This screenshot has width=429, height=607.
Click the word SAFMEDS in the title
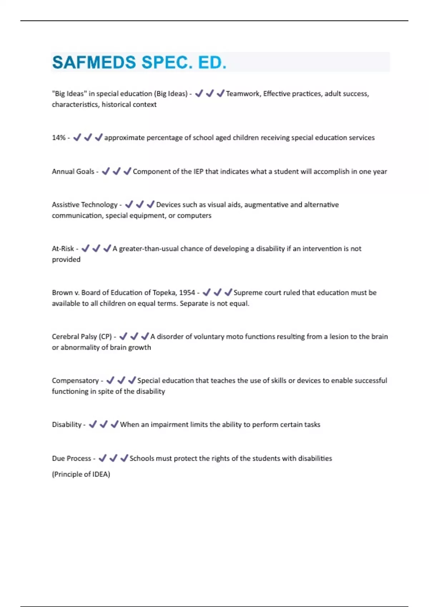coord(94,62)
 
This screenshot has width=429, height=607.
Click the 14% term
coord(59,138)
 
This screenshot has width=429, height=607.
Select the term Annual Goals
coord(73,172)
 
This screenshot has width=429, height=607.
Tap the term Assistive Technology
coord(84,205)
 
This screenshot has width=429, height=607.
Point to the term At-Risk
coord(63,249)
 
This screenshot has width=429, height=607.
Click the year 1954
coord(187,293)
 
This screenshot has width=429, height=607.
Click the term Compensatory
coord(75,381)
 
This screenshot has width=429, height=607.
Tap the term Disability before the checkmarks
coord(66,425)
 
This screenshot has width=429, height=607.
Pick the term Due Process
coord(71,458)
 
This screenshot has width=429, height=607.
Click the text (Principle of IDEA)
coord(81,475)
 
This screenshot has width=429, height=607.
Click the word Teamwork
coord(243,94)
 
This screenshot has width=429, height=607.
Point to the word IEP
coord(198,172)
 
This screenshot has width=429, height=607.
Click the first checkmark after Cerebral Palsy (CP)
coord(123,336)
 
